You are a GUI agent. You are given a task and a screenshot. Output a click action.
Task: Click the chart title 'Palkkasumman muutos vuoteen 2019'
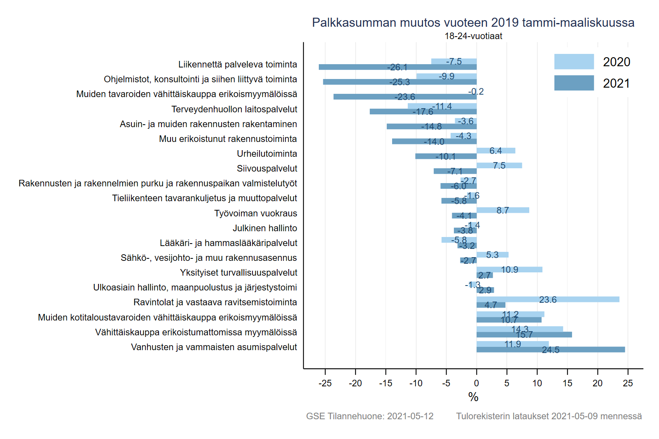click(x=473, y=22)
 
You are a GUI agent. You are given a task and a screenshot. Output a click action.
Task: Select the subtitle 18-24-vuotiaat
click(x=473, y=36)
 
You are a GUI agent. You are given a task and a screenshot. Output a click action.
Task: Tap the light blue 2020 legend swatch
click(x=574, y=62)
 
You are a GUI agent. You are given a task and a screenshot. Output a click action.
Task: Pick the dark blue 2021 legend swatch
click(x=574, y=83)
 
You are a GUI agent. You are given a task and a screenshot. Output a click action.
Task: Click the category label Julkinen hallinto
click(x=265, y=228)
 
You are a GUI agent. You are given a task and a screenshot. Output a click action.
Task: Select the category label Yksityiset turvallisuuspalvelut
click(x=238, y=272)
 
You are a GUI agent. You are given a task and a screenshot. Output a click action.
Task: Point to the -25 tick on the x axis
click(x=325, y=383)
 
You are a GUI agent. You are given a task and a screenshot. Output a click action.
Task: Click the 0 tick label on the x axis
click(x=477, y=383)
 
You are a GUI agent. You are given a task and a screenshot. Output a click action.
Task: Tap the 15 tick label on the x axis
click(x=567, y=383)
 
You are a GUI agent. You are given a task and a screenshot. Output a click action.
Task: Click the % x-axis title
click(x=473, y=397)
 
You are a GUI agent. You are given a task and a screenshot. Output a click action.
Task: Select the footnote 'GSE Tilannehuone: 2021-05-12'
click(x=369, y=416)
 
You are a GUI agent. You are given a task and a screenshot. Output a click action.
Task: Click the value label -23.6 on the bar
click(x=405, y=97)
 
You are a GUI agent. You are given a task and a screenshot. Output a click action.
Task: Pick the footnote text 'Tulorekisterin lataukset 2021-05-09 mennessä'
click(x=549, y=416)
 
